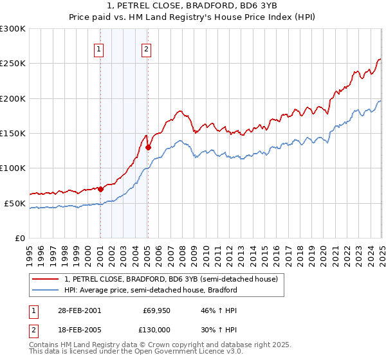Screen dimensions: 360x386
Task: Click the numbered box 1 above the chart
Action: [99, 49]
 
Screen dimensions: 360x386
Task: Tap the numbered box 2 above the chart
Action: [147, 49]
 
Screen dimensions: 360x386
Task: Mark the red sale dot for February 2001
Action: [101, 189]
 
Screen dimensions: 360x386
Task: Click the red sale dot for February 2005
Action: [148, 147]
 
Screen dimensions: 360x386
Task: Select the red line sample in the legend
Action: [46, 279]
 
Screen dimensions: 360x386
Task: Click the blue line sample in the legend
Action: [46, 290]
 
